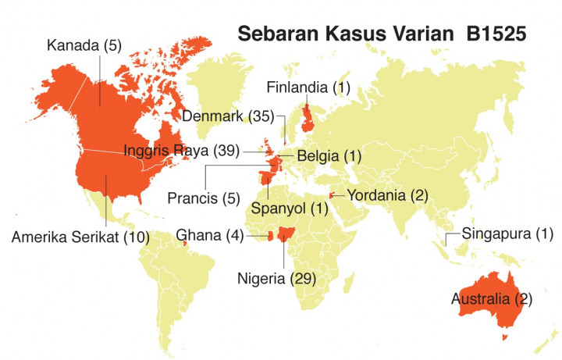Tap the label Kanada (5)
click(83, 46)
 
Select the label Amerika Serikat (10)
click(80, 237)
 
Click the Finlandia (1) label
click(309, 87)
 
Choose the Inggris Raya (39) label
click(181, 148)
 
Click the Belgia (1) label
click(327, 156)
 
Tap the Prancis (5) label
click(201, 198)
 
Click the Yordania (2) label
click(388, 194)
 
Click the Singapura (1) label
click(507, 233)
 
